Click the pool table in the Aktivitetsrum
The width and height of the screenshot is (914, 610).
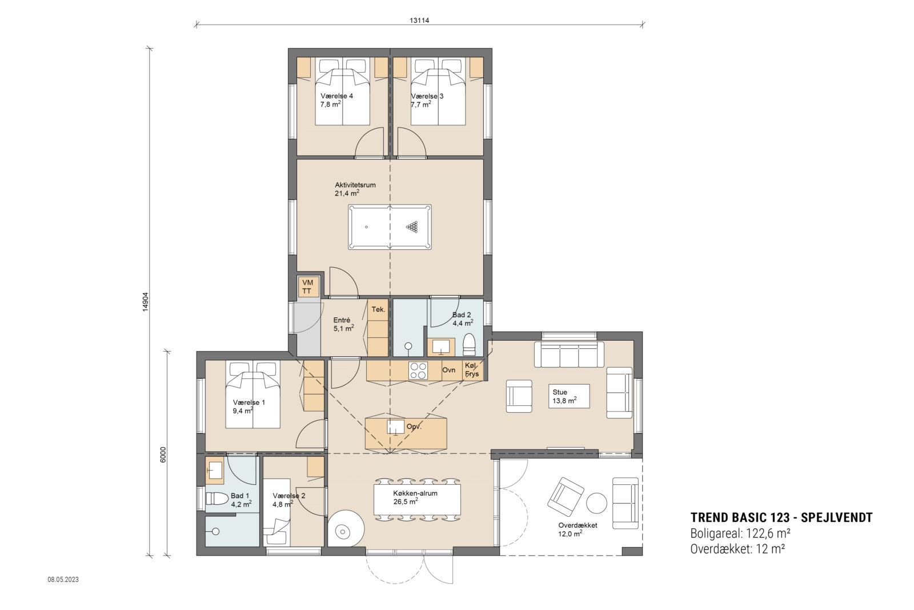click(x=390, y=227)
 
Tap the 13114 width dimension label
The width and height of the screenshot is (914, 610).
click(x=419, y=21)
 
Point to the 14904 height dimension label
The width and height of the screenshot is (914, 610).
click(x=146, y=301)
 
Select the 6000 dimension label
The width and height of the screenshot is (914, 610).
click(x=163, y=454)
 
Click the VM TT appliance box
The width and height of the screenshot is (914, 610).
click(x=307, y=287)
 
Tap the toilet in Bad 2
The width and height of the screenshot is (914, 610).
click(x=469, y=344)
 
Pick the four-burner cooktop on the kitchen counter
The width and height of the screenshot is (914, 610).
click(x=418, y=370)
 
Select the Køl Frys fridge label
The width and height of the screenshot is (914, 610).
click(x=472, y=370)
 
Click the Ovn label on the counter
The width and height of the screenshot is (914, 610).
click(x=449, y=370)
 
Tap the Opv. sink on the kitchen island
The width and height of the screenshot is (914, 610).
click(x=395, y=426)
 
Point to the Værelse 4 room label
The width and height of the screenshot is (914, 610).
click(x=336, y=96)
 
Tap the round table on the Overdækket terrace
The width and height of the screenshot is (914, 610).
click(x=598, y=504)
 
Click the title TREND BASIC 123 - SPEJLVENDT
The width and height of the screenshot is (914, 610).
click(x=781, y=517)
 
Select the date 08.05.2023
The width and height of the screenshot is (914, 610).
click(x=63, y=580)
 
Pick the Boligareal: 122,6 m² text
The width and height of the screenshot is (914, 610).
click(x=740, y=533)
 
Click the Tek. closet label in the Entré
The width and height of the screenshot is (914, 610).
click(x=378, y=309)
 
